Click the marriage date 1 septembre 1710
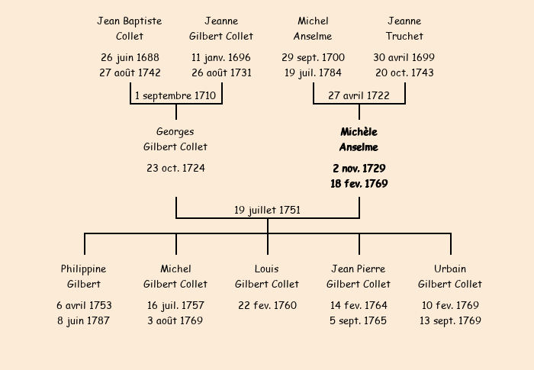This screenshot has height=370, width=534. tap(175, 95)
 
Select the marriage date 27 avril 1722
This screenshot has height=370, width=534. tap(359, 95)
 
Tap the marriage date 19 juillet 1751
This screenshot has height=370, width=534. tap(267, 211)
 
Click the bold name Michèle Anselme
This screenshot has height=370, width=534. tap(359, 140)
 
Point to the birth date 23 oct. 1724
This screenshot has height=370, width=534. tap(175, 168)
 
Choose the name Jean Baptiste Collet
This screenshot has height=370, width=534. tap(130, 28)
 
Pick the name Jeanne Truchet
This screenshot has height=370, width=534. tap(404, 28)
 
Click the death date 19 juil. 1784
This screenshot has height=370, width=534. tap(313, 73)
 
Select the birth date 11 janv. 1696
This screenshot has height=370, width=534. tap(221, 57)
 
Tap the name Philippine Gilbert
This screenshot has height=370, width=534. tap(83, 276)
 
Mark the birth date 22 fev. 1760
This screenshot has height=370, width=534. tap(267, 305)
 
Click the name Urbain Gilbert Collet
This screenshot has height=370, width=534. tap(450, 276)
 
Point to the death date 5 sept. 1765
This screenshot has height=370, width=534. tap(359, 321)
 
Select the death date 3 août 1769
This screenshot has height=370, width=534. tap(175, 320)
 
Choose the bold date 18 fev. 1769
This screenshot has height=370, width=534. tap(359, 184)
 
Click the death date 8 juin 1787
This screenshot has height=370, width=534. tap(83, 321)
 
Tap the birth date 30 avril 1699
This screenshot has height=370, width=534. tap(404, 57)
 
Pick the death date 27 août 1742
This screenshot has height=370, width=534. tap(130, 73)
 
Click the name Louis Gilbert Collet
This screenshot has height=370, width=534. tap(267, 276)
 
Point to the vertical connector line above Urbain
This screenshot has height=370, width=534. tap(451, 244)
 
